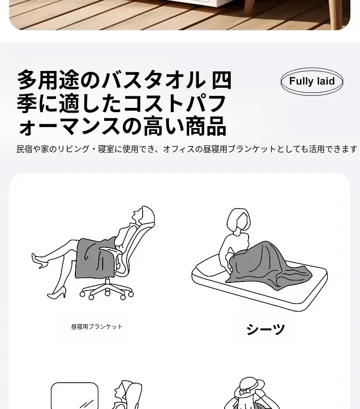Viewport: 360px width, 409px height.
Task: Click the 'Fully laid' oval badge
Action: (x=312, y=82)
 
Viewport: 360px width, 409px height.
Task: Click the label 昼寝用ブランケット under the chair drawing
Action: (x=96, y=327)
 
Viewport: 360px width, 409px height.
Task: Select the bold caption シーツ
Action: (x=265, y=329)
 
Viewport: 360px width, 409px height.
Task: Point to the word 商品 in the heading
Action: (x=206, y=126)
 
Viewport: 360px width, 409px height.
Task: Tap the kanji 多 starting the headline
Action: (x=27, y=80)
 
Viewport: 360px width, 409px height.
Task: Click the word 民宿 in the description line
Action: (x=24, y=149)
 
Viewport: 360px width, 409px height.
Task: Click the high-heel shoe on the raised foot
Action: (x=40, y=260)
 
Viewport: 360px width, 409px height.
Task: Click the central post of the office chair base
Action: (x=108, y=282)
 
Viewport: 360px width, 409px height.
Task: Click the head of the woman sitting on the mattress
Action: (x=239, y=220)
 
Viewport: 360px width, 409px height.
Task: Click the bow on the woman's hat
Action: (x=245, y=392)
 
